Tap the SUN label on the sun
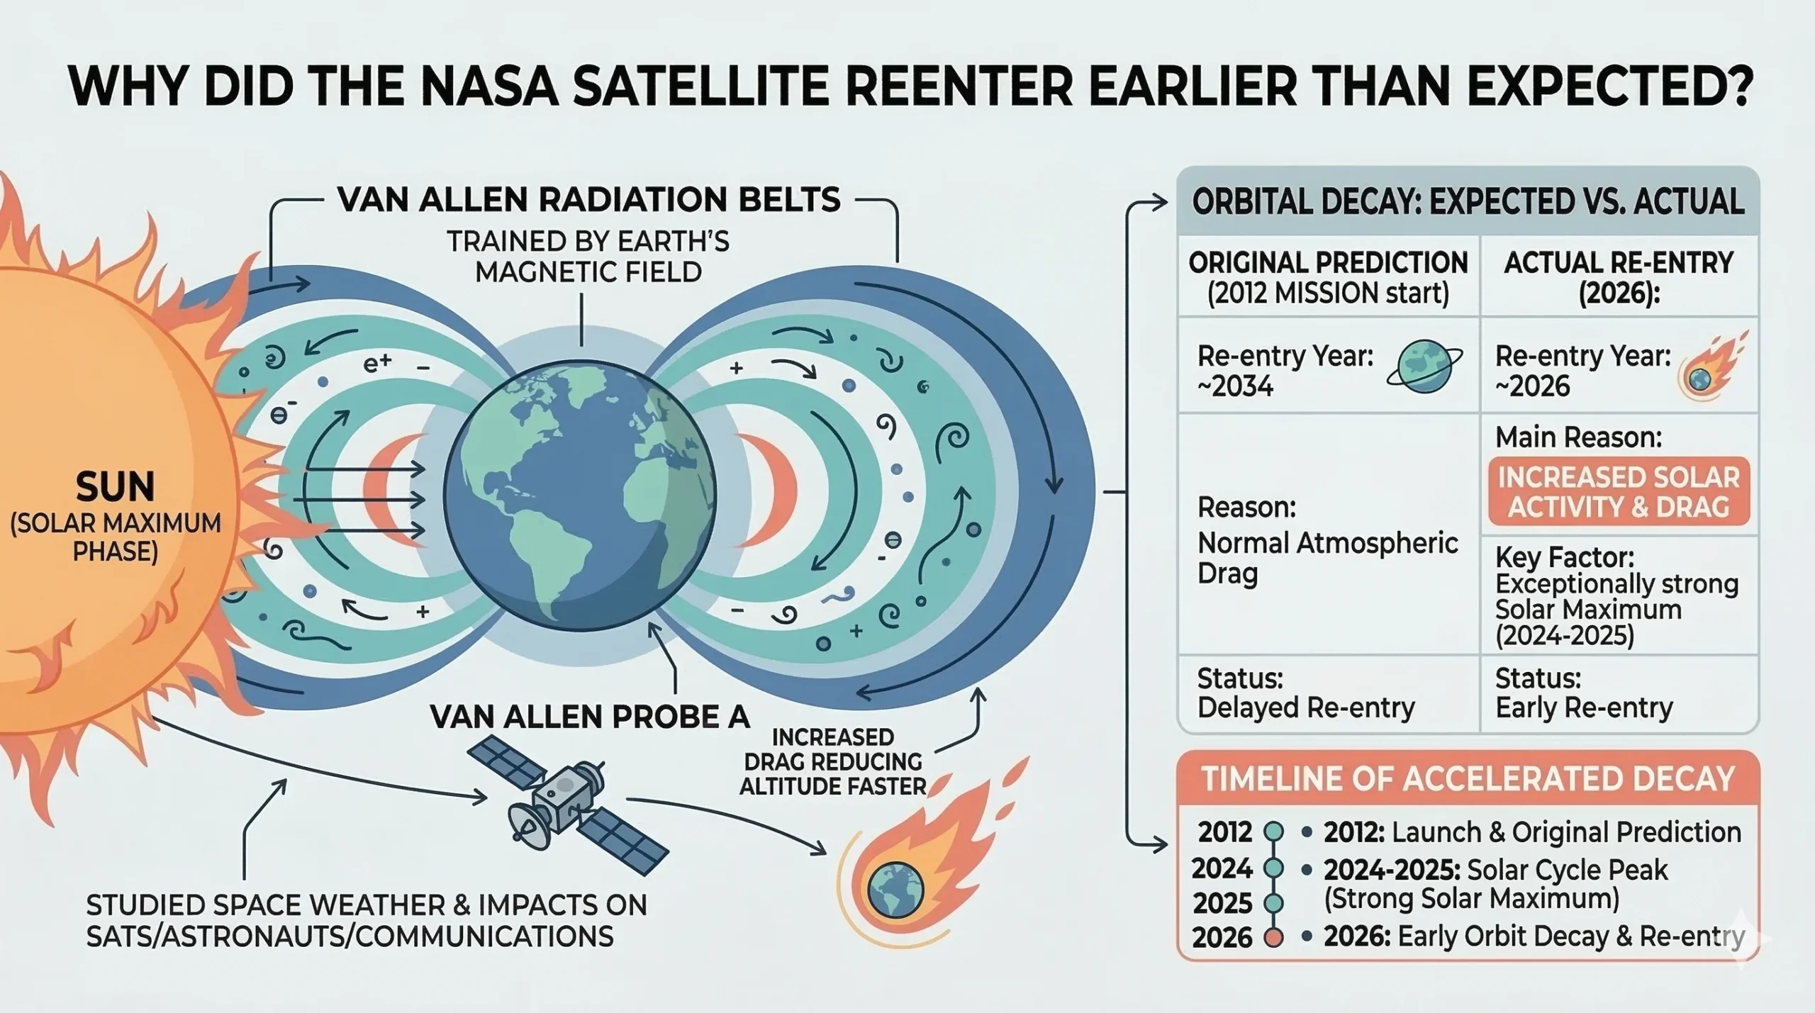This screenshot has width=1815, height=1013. click(x=115, y=487)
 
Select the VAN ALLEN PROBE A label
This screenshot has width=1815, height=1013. click(x=589, y=717)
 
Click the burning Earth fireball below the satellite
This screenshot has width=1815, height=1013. click(x=895, y=888)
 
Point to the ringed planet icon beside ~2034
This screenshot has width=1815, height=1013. click(x=1424, y=366)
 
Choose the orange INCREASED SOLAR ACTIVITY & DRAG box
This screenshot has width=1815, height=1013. click(x=1619, y=492)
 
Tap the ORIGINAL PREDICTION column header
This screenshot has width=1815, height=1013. click(x=1328, y=277)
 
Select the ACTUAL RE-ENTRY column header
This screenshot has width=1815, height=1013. click(x=1619, y=277)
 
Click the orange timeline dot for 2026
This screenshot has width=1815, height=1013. click(x=1274, y=937)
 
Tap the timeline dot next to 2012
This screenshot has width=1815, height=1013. click(x=1274, y=831)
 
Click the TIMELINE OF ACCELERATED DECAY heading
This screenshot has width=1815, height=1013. click(x=1468, y=779)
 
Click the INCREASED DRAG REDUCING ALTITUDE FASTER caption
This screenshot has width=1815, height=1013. click(x=832, y=761)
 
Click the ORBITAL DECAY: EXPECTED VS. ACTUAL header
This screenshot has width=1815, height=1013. click(x=1468, y=202)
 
